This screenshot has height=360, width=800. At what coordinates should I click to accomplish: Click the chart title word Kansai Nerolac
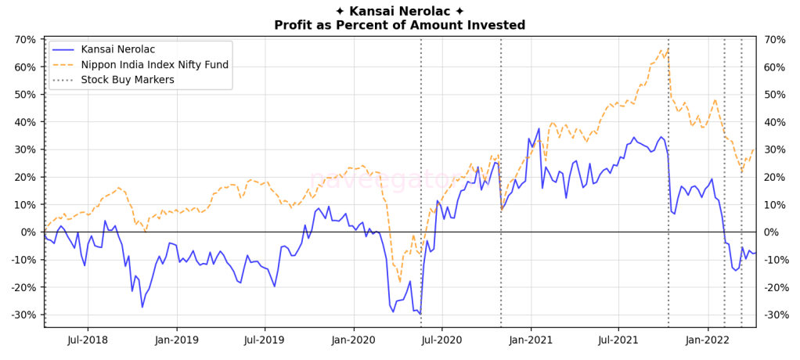pyautogui.click(x=399, y=11)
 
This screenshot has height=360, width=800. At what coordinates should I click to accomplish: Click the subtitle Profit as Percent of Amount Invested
pyautogui.click(x=399, y=25)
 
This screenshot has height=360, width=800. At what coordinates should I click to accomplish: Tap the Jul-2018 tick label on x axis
pyautogui.click(x=86, y=340)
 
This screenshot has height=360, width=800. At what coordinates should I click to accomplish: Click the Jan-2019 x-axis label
pyautogui.click(x=176, y=340)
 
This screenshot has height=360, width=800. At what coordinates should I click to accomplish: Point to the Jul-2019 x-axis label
pyautogui.click(x=264, y=340)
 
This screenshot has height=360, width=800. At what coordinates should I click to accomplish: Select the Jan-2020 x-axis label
pyautogui.click(x=353, y=340)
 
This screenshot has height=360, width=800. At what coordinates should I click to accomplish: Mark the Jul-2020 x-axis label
pyautogui.click(x=441, y=340)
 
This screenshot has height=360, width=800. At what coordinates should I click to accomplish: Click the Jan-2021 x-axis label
pyautogui.click(x=531, y=340)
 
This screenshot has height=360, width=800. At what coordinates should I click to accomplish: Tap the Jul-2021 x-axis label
pyautogui.click(x=618, y=340)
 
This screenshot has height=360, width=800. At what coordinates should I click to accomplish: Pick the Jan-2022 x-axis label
pyautogui.click(x=708, y=340)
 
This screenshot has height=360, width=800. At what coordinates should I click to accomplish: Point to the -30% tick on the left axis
pyautogui.click(x=23, y=315)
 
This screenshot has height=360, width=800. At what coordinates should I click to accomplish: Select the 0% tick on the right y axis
pyautogui.click(x=771, y=232)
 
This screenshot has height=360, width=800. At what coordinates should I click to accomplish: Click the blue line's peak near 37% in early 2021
pyautogui.click(x=539, y=128)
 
